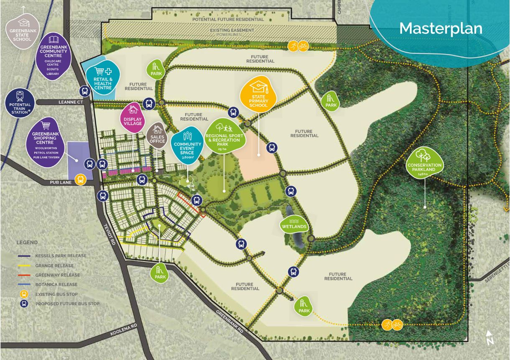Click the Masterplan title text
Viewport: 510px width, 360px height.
(441, 28)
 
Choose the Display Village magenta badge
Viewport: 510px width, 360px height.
(133, 117)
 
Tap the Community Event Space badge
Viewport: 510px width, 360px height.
(188, 144)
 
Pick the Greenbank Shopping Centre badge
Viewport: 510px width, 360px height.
(46, 142)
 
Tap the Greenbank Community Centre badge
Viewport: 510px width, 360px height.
(54, 54)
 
